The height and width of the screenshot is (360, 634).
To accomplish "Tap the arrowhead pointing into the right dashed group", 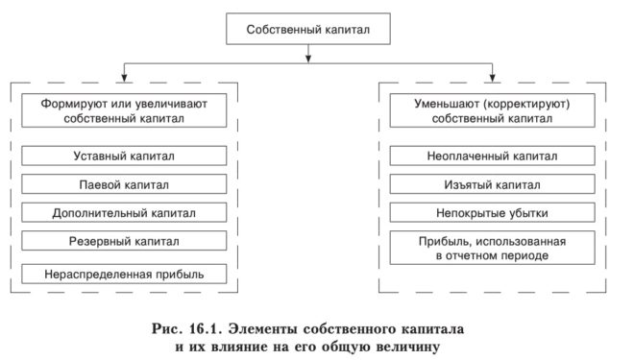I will (x=491, y=74).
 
